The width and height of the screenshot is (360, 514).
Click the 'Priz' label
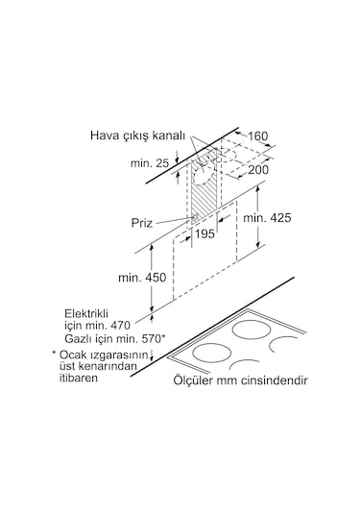coord(142,222)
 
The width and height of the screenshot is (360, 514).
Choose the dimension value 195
coord(204,234)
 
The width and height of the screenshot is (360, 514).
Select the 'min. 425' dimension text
coord(270,219)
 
